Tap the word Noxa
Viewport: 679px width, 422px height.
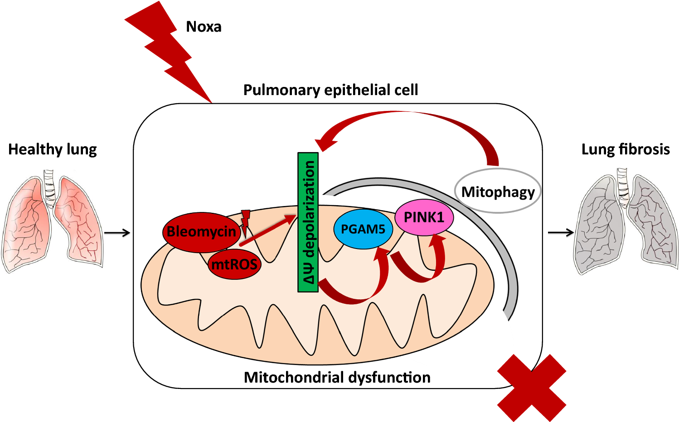[204, 27]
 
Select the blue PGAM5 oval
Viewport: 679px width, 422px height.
[363, 229]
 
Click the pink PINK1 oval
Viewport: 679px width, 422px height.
[424, 217]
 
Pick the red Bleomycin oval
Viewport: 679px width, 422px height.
[201, 232]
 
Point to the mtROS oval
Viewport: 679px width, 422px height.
[234, 264]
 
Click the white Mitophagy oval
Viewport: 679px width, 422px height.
[498, 192]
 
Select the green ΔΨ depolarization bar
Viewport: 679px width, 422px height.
[308, 222]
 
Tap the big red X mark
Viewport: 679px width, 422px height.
[532, 388]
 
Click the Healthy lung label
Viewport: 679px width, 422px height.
[53, 149]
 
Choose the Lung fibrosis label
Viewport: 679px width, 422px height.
[626, 149]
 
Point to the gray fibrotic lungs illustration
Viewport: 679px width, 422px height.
[626, 222]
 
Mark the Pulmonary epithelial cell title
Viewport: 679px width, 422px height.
[330, 90]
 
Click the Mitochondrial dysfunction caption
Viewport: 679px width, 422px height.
[337, 377]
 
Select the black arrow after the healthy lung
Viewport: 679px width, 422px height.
[117, 233]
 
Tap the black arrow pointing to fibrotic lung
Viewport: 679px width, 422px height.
[561, 233]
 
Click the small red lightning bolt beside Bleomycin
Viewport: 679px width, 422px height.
[245, 222]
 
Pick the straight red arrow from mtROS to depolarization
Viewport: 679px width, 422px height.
[267, 231]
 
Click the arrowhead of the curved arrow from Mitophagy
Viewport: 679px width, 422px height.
[325, 143]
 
